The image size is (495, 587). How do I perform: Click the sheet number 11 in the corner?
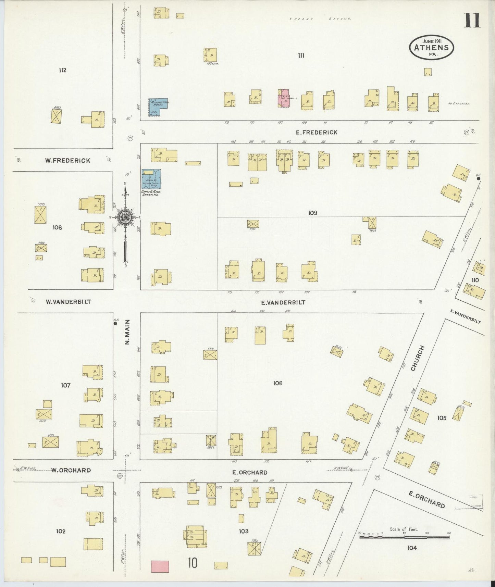pos(472,21)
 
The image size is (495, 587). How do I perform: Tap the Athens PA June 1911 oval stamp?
pos(431,48)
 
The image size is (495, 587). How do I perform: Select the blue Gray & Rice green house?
pos(151,179)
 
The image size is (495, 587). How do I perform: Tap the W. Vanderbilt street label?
pos(69,302)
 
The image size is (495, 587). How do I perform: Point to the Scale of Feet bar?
pos(404,537)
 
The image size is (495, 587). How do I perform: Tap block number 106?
pos(277,383)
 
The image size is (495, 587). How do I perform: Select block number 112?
pos(62,70)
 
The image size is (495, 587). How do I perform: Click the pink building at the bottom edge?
pos(160,566)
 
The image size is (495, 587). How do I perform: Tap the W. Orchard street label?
pos(71,470)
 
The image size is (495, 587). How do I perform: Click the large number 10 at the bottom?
pos(192,563)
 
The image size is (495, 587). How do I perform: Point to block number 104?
pos(412,548)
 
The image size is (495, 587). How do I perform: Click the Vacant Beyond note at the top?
pos(320,19)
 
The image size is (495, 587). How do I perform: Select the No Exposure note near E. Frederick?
pos(459,103)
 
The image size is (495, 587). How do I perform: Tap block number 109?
pos(312,213)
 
